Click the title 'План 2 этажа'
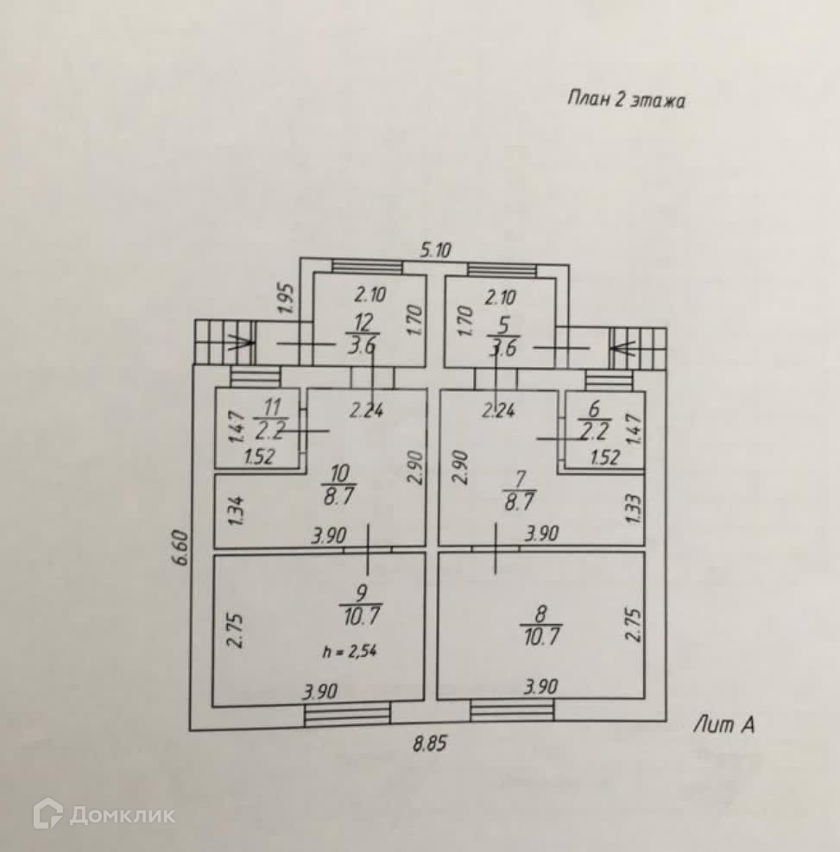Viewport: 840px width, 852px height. (626, 99)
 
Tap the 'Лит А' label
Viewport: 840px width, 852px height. (723, 726)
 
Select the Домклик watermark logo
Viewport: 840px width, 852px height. (104, 814)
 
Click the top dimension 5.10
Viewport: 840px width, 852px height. (436, 249)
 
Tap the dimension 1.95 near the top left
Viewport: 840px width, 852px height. (288, 300)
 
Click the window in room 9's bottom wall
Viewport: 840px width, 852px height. (346, 712)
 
